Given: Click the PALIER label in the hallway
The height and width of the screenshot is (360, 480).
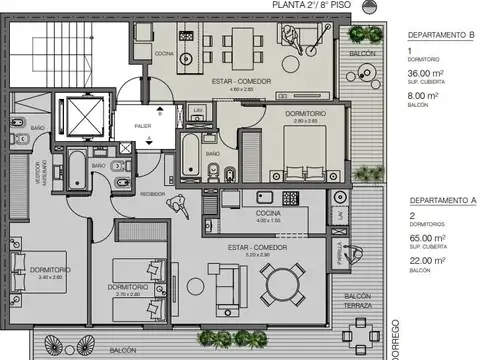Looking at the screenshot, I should pyautogui.click(x=145, y=125).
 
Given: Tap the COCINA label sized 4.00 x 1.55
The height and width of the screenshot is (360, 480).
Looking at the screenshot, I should pyautogui.click(x=265, y=213).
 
